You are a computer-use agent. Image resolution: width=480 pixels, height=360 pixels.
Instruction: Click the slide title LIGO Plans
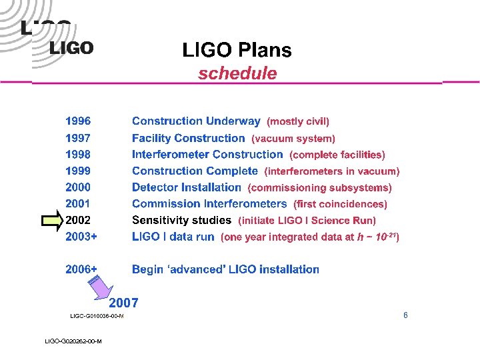[237, 50]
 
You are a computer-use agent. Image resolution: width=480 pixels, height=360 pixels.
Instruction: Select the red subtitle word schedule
[237, 73]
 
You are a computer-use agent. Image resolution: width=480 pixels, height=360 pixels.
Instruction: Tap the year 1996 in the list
[78, 121]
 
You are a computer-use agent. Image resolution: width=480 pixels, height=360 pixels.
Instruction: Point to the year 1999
[78, 171]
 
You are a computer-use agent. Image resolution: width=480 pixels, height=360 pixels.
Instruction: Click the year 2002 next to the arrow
[78, 220]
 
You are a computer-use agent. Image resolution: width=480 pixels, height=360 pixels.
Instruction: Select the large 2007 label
[123, 302]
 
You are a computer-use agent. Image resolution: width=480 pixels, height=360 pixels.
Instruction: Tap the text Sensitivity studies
[181, 220]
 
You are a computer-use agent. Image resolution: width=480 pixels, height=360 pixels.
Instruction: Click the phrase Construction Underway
[196, 121]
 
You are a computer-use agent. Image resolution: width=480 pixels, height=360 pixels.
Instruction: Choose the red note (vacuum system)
[293, 139]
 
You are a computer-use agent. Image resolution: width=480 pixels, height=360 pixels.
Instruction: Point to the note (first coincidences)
[339, 204]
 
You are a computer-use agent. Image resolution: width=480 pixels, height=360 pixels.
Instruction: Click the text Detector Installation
[186, 187]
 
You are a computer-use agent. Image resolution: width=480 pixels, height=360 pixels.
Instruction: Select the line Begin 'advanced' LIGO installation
[225, 269]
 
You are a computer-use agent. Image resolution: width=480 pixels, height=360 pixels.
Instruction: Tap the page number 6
[405, 315]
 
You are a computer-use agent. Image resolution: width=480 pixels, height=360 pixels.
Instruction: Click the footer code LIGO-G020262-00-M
[73, 341]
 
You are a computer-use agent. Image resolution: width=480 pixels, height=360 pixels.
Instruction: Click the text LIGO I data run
[173, 237]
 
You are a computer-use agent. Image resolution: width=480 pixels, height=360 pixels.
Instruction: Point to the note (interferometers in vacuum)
[332, 171]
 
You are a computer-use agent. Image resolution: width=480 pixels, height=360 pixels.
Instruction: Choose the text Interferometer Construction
[207, 155]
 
